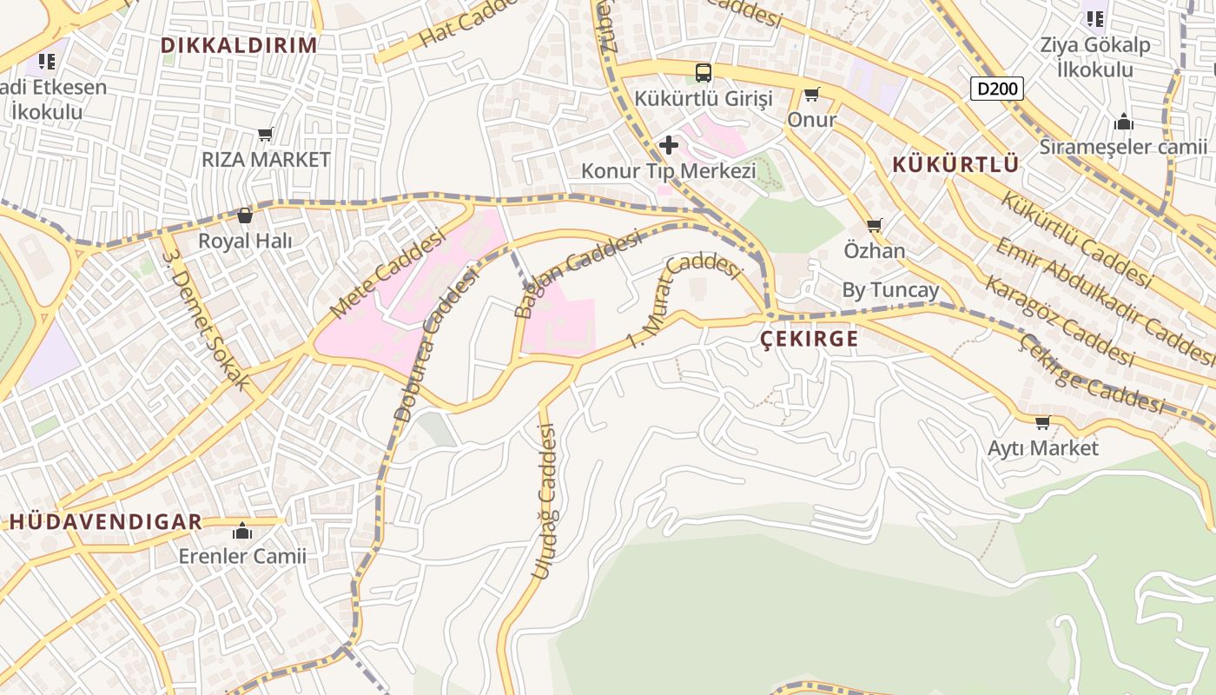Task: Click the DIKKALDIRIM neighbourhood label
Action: pyautogui.click(x=239, y=45)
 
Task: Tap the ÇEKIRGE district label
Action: pyautogui.click(x=809, y=339)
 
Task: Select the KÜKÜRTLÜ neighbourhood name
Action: pyautogui.click(x=955, y=164)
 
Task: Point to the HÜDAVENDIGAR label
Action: pyautogui.click(x=106, y=521)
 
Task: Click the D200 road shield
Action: pyautogui.click(x=997, y=88)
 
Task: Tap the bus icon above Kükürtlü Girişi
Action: pyautogui.click(x=704, y=73)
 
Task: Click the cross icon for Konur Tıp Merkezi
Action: pyautogui.click(x=668, y=144)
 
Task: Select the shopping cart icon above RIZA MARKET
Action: pyautogui.click(x=266, y=135)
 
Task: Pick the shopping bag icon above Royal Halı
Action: pyautogui.click(x=245, y=215)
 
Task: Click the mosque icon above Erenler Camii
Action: pyautogui.click(x=242, y=531)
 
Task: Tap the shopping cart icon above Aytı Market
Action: pyautogui.click(x=1042, y=423)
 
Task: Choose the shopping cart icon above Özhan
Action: pyautogui.click(x=875, y=226)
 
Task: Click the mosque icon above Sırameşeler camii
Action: pyautogui.click(x=1124, y=122)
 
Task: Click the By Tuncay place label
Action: pyautogui.click(x=890, y=290)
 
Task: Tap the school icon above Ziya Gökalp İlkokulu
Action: pyautogui.click(x=1094, y=18)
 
